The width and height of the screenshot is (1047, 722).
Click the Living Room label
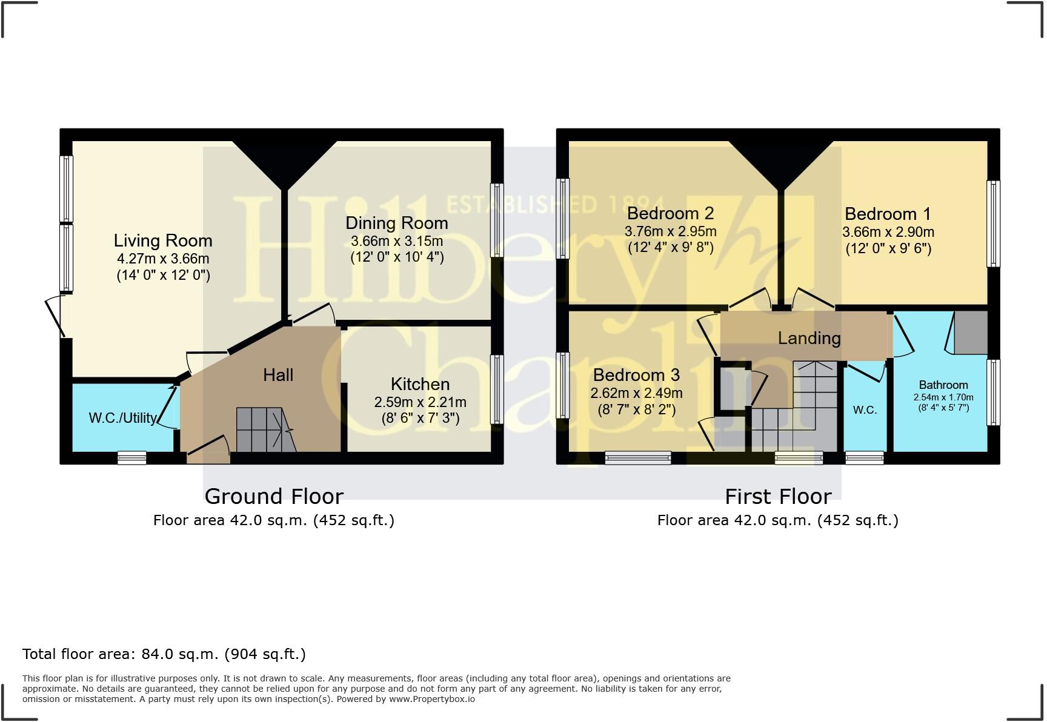[163, 240]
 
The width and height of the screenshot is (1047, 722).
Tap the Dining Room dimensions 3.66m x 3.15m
[397, 240]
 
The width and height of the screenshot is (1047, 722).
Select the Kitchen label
[420, 384]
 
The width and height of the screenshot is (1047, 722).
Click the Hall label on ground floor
[278, 375]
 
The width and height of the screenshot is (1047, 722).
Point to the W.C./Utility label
[123, 418]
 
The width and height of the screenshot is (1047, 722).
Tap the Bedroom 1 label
[888, 214]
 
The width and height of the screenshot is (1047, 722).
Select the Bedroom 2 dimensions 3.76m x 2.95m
[670, 231]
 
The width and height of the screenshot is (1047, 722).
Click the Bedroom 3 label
[636, 375]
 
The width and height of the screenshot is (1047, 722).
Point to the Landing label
[809, 338]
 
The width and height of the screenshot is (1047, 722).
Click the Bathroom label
[943, 385]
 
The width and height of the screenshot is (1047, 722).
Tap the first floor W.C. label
[865, 410]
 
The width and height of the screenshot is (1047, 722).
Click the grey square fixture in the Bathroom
[971, 333]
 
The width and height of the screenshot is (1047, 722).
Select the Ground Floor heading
[274, 496]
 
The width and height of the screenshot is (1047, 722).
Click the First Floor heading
[778, 496]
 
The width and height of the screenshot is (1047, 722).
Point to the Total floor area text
[164, 654]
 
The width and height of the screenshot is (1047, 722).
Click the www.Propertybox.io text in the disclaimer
[431, 699]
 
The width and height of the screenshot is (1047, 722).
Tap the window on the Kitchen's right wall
[497, 389]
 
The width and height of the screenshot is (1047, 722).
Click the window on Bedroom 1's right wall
[993, 224]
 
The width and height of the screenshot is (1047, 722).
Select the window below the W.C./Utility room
[132, 458]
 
